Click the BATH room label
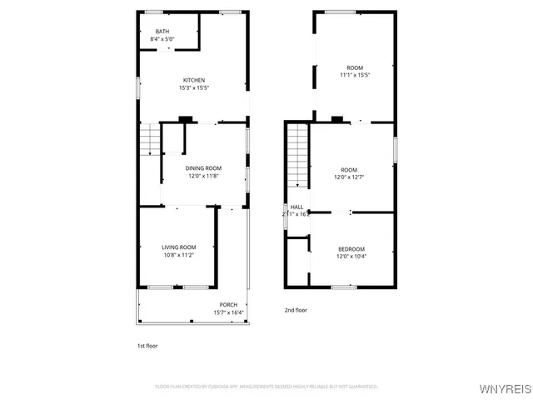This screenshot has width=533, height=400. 162,32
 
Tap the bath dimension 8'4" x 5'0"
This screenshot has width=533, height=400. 162,39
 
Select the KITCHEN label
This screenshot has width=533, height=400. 194,80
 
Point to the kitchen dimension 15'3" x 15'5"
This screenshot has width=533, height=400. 194,87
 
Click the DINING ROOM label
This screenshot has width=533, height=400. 204,168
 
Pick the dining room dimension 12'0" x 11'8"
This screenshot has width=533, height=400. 204,176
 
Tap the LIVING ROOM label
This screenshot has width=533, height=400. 178,247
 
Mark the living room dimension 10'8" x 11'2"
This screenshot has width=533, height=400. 178,255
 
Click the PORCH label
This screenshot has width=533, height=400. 228,304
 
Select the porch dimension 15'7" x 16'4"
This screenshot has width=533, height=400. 228,312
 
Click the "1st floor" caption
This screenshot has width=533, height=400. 147,345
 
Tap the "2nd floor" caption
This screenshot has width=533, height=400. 296,310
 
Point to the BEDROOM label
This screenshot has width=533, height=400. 351,249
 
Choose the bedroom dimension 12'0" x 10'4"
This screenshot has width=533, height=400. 351,257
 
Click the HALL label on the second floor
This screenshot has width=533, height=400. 296,207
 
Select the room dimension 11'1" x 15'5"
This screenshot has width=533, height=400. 355,75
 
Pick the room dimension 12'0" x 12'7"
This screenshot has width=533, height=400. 349,177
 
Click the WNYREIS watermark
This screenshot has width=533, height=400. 505,389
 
